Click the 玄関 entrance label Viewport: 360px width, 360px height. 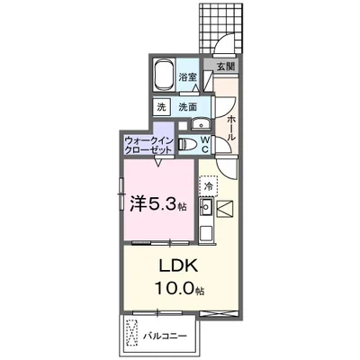pos(224,67)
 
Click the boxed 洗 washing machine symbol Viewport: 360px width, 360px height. pos(162,107)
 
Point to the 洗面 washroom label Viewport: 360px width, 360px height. pos(187,107)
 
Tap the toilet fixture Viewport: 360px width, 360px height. pos(189,145)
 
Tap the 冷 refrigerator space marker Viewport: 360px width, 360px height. pos(209,187)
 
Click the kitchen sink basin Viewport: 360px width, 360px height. pos(206,209)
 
